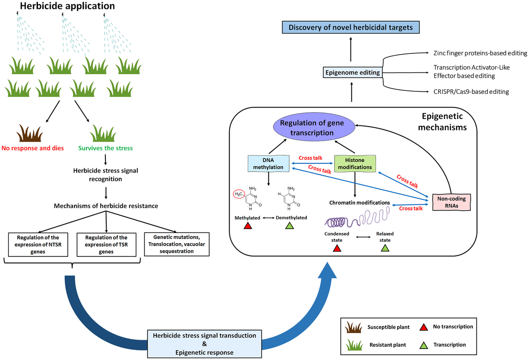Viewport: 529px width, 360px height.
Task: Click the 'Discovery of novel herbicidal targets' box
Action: [x=351, y=28]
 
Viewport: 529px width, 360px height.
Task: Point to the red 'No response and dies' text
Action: [x=33, y=148]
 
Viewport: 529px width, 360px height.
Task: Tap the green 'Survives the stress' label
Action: [x=106, y=148]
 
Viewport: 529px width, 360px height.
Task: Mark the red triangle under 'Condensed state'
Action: [x=337, y=249]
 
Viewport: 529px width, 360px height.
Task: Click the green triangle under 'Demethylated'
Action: [x=289, y=226]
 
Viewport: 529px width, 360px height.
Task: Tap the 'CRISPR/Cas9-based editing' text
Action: [x=471, y=92]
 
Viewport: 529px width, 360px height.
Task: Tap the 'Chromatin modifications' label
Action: [x=360, y=202]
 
